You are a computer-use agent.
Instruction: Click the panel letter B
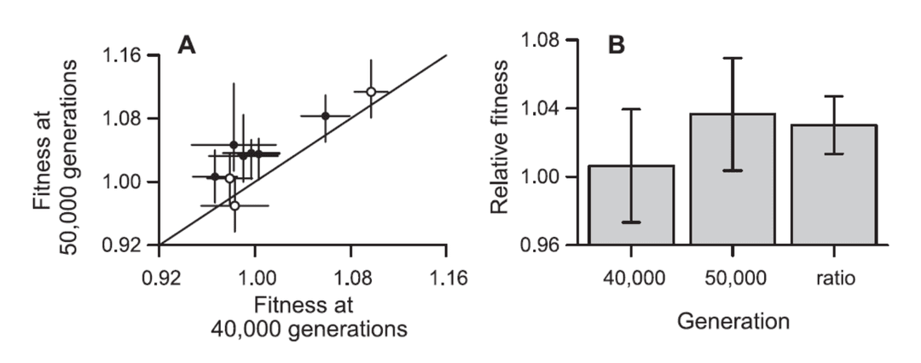[616, 45]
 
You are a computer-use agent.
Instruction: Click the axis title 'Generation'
[733, 322]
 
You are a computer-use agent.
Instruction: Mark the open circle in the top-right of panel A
[371, 92]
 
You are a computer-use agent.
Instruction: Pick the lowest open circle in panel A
[235, 205]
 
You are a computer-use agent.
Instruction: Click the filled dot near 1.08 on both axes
[326, 115]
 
